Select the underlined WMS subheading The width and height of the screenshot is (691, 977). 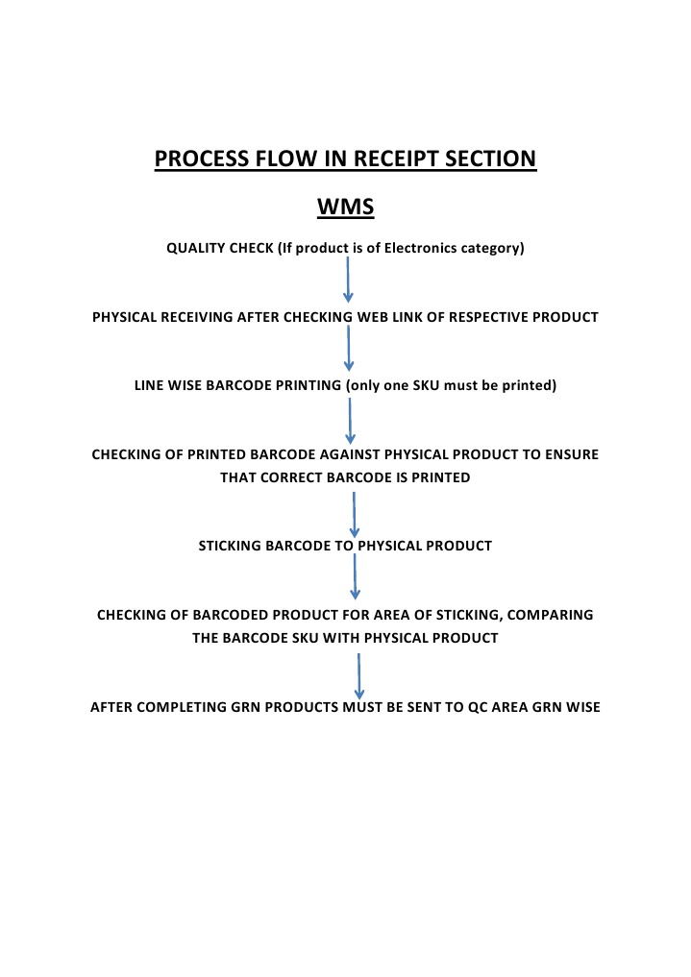pyautogui.click(x=345, y=208)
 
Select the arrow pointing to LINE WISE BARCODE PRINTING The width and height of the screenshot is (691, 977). pyautogui.click(x=349, y=348)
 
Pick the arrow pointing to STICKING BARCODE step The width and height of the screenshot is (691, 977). pyautogui.click(x=355, y=514)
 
